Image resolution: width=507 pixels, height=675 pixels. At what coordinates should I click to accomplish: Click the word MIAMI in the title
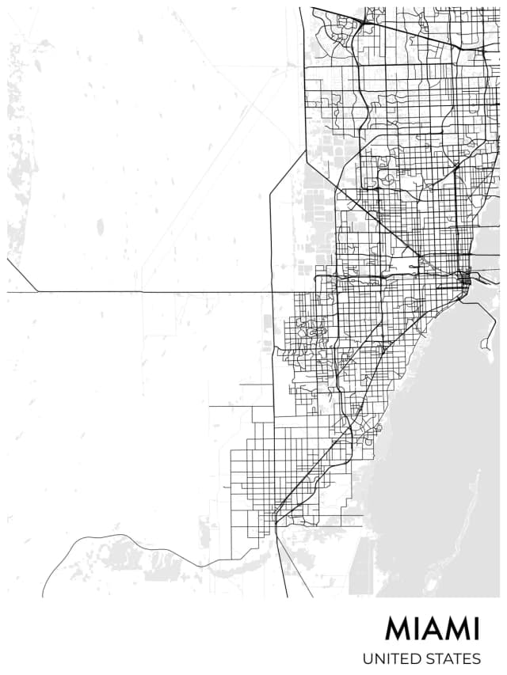click(433, 629)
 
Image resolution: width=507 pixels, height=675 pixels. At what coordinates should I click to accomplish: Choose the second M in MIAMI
click(457, 629)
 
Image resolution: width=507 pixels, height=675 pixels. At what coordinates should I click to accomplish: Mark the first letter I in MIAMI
click(414, 629)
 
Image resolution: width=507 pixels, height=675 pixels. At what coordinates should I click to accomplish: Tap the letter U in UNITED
click(368, 658)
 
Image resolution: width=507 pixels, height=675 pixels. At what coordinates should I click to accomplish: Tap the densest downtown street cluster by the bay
click(466, 279)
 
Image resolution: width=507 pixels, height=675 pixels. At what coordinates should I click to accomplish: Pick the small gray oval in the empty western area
click(100, 227)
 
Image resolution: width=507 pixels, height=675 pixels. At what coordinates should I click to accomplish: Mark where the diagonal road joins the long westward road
click(37, 292)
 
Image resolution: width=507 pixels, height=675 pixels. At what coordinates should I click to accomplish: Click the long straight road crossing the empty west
click(158, 292)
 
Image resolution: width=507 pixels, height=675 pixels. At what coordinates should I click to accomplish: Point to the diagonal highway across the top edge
click(412, 32)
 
